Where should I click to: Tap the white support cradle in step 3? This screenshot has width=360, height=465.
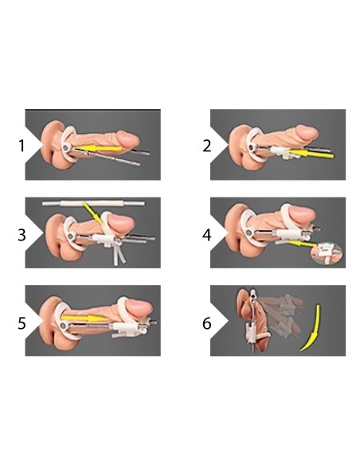tap(108, 240)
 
